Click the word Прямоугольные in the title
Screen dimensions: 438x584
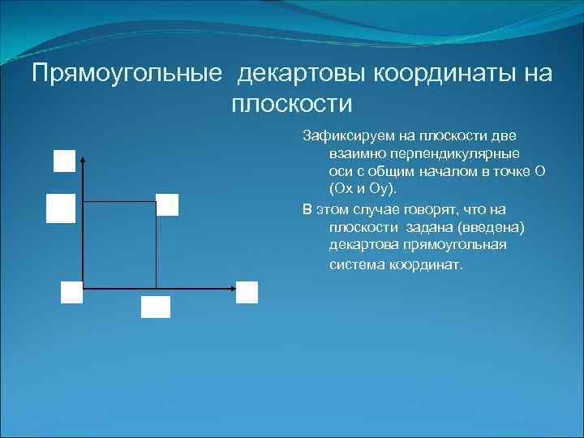click(x=127, y=74)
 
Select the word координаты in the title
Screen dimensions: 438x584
click(x=442, y=74)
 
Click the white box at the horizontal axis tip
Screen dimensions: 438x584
click(x=247, y=292)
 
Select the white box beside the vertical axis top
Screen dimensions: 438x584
click(x=64, y=161)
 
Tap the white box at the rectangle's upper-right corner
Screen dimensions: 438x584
click(x=167, y=204)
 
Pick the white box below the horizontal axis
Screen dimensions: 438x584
click(x=156, y=307)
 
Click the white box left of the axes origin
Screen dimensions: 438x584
click(x=71, y=292)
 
